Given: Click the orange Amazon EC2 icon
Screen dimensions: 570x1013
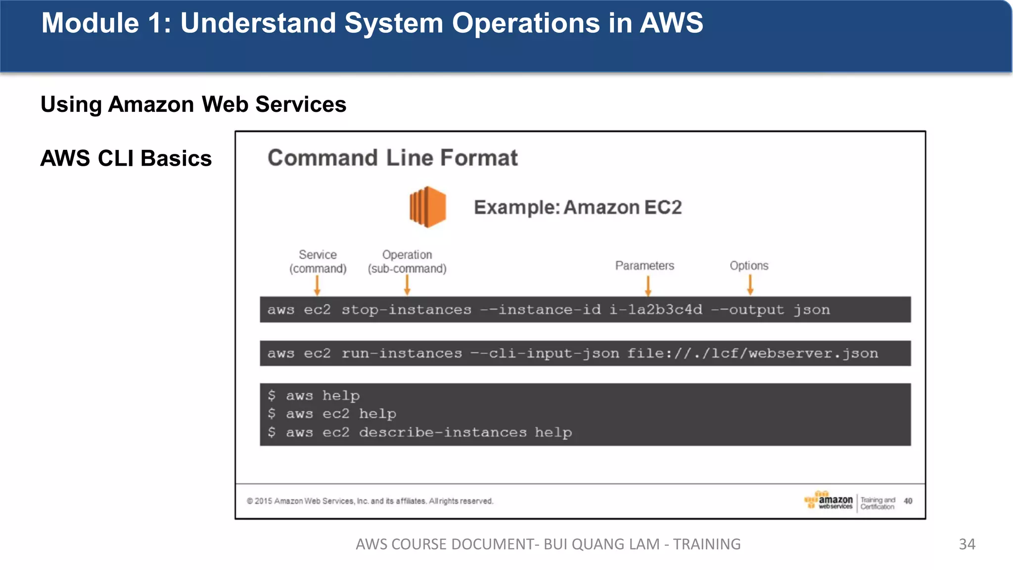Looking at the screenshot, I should coord(428,207).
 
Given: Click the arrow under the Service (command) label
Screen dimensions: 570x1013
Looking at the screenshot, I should coord(317,285).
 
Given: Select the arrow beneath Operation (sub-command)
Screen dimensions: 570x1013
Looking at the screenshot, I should coord(407,285).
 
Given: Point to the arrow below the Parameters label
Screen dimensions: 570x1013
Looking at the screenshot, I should coord(648,286).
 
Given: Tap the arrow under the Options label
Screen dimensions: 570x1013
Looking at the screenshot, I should coord(750,285).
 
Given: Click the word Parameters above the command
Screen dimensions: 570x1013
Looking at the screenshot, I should coord(645,266).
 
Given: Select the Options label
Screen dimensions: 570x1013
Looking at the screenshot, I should coord(749,266).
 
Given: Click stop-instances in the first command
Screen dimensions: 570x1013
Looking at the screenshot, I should coord(406,310).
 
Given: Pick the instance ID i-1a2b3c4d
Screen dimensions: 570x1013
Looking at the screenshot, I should coord(655,310).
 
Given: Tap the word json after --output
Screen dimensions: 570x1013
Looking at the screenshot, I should coord(812,310).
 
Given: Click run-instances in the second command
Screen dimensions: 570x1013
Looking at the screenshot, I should coord(402,353).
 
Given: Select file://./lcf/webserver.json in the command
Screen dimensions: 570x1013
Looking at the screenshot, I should coord(752,353).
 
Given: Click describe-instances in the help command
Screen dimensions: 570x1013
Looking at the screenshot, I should coord(443,432).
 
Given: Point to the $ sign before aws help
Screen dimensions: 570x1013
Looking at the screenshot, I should coord(272,395).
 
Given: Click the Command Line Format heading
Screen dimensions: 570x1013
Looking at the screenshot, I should coord(393,158).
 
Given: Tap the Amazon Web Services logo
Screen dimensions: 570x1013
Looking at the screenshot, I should coord(829,501).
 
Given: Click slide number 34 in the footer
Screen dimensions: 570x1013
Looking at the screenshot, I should coord(967,544).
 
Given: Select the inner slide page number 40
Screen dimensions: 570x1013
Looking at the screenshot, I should coord(908,501).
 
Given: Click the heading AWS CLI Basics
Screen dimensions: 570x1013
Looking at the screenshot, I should coord(126,158).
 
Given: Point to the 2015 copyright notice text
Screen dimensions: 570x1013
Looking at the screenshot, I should coord(370,501).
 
